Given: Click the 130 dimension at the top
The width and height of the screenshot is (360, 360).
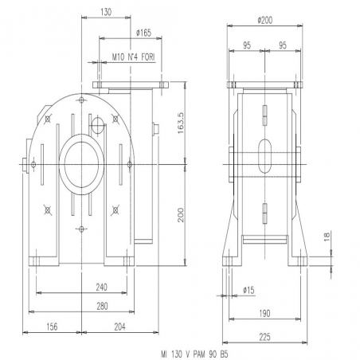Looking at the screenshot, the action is tap(106, 12).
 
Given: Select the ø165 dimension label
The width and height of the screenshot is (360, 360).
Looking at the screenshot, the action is tap(143, 33).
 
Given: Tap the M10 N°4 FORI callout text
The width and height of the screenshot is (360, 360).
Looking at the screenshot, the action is tap(134, 57).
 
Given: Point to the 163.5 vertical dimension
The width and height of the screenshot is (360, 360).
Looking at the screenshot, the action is tap(181, 123).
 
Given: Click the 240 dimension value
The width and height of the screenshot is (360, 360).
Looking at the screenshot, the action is tap(102, 287).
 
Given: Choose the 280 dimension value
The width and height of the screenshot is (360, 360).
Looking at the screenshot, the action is tap(102, 306).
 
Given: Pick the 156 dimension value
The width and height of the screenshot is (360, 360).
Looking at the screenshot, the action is tap(52, 327).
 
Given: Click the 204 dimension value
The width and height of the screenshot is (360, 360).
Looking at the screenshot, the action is tap(120, 327).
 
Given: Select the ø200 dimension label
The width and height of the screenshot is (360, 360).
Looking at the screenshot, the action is tap(265, 21).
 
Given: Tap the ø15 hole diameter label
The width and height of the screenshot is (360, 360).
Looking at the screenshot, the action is tap(248, 290).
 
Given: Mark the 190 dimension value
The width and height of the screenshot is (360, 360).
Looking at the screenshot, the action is tap(264, 314).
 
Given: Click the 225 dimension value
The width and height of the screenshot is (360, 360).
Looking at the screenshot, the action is tap(264, 337).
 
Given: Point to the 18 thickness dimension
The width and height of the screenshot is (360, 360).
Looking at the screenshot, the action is tap(327, 237).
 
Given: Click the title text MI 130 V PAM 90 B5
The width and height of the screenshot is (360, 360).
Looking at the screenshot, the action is tap(194, 354).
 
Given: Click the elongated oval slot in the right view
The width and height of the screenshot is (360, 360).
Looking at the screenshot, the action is tap(265, 156).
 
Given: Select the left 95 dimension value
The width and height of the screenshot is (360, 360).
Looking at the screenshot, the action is tap(247, 45).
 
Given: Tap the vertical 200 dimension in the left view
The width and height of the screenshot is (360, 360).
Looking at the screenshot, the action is tap(181, 215).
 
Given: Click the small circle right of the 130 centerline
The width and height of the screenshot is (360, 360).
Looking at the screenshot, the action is tap(97, 125).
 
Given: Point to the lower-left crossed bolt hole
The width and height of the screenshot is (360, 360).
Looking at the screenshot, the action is tap(48, 210).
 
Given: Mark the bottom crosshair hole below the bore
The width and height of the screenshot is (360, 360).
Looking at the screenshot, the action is tap(81, 229).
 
